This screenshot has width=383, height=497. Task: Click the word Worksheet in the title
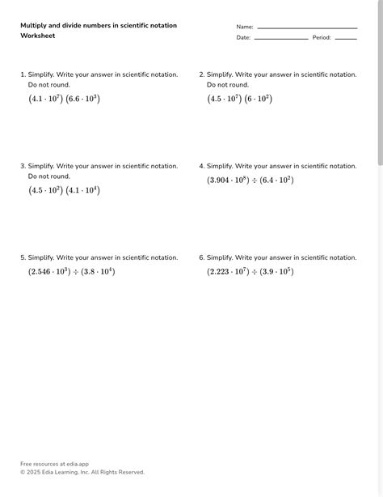(37, 36)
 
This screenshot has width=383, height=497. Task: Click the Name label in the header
(244, 27)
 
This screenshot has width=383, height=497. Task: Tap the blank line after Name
(307, 28)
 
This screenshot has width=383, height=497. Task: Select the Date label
(243, 37)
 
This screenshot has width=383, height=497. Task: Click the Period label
(322, 37)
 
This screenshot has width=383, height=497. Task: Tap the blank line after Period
(346, 39)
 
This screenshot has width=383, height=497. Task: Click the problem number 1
(23, 74)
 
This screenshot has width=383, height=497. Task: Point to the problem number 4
(201, 166)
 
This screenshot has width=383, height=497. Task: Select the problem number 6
(201, 257)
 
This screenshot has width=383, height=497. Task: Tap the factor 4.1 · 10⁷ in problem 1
(47, 99)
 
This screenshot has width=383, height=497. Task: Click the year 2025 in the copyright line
(34, 472)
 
